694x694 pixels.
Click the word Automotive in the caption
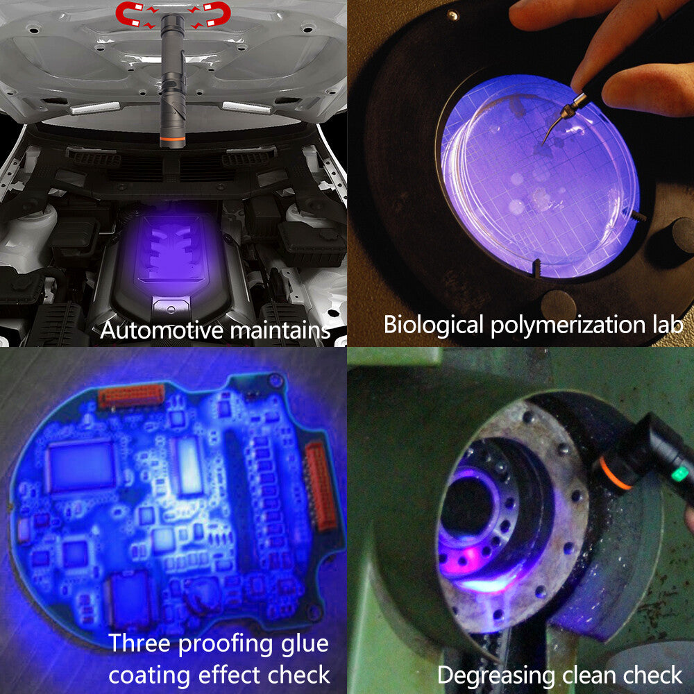(161, 330)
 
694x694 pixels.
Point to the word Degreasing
(496, 676)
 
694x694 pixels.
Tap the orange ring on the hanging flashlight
(173, 139)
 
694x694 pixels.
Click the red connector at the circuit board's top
(131, 396)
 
